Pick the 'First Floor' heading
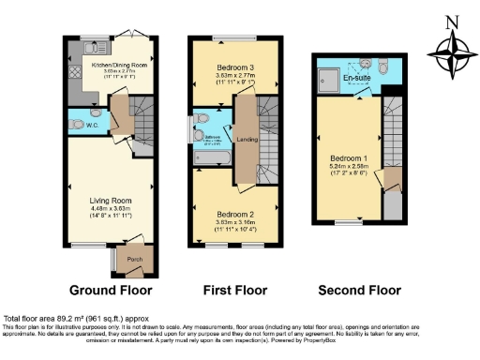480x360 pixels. [x=234, y=291]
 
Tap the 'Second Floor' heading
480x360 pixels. [x=355, y=291]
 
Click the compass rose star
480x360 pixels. [x=455, y=53]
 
